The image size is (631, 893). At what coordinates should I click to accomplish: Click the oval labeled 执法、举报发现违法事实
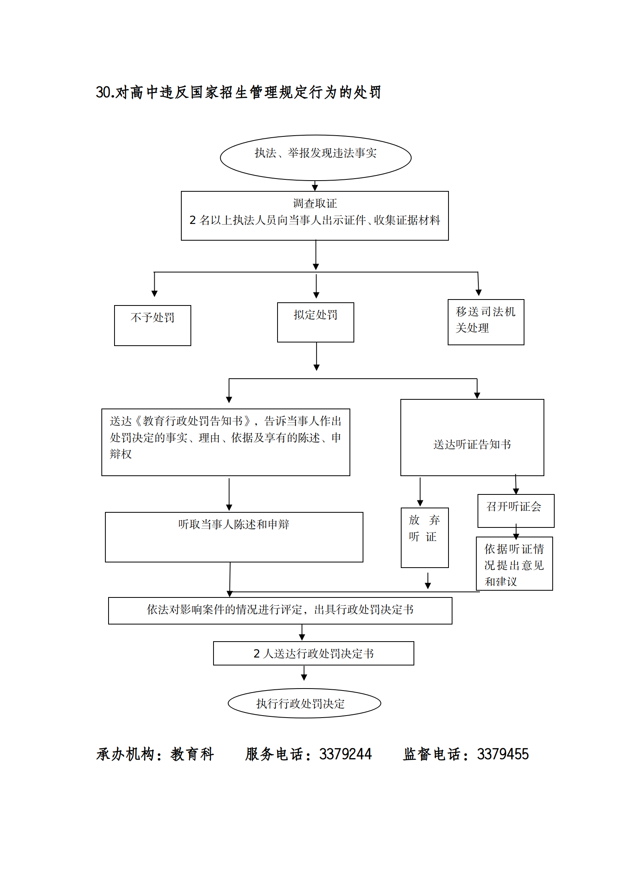click(315, 157)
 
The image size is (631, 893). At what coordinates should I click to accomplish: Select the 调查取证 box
click(315, 215)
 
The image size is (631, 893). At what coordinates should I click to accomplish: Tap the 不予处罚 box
click(152, 325)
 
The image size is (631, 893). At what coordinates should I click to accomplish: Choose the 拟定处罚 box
click(315, 322)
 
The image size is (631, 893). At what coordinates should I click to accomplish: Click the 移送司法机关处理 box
click(485, 322)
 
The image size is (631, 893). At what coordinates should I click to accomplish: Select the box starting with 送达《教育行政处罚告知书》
click(225, 442)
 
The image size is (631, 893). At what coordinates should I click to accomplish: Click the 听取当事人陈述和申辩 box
click(234, 537)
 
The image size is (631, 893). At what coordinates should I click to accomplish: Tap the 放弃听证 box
click(424, 537)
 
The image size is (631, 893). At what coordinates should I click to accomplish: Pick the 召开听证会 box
click(516, 510)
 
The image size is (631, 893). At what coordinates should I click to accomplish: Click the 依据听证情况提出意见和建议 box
click(514, 563)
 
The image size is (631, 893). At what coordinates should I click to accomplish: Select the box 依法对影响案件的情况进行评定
click(280, 610)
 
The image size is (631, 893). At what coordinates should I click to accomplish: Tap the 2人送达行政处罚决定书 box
click(313, 653)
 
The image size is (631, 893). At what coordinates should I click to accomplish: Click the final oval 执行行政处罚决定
click(304, 703)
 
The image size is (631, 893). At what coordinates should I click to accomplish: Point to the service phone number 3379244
click(345, 754)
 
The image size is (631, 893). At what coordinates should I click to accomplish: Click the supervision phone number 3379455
click(503, 754)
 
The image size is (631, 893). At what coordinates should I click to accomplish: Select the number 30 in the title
click(103, 92)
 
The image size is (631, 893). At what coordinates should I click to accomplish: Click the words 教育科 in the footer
click(192, 754)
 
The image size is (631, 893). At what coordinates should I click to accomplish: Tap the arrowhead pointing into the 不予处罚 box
click(155, 294)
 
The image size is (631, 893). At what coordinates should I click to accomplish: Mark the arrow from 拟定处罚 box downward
click(316, 356)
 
